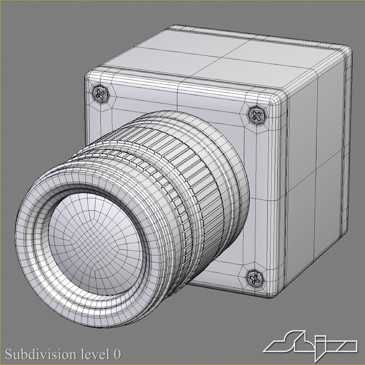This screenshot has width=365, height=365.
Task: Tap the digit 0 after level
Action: pyautogui.click(x=117, y=354)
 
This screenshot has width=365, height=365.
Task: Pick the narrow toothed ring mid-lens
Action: pyautogui.click(x=170, y=189)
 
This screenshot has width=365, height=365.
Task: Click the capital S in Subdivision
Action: pyautogui.click(x=10, y=354)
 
